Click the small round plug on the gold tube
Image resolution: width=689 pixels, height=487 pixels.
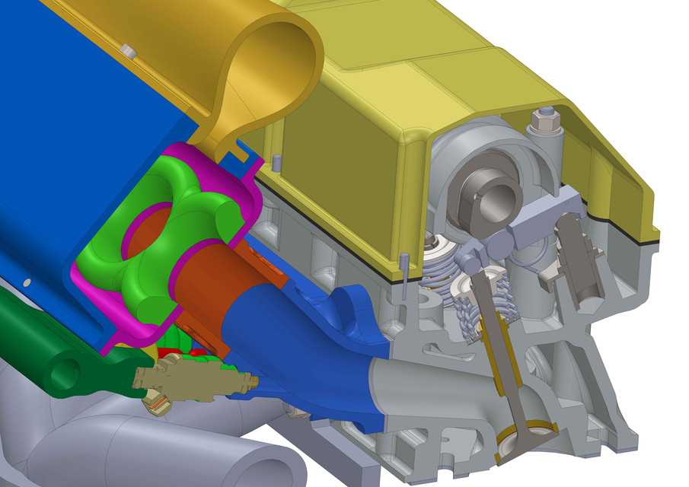[x=129, y=51]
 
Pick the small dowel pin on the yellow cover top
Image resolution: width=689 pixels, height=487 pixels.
[x=277, y=161]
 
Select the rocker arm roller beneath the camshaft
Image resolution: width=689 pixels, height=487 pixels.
[x=499, y=243]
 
